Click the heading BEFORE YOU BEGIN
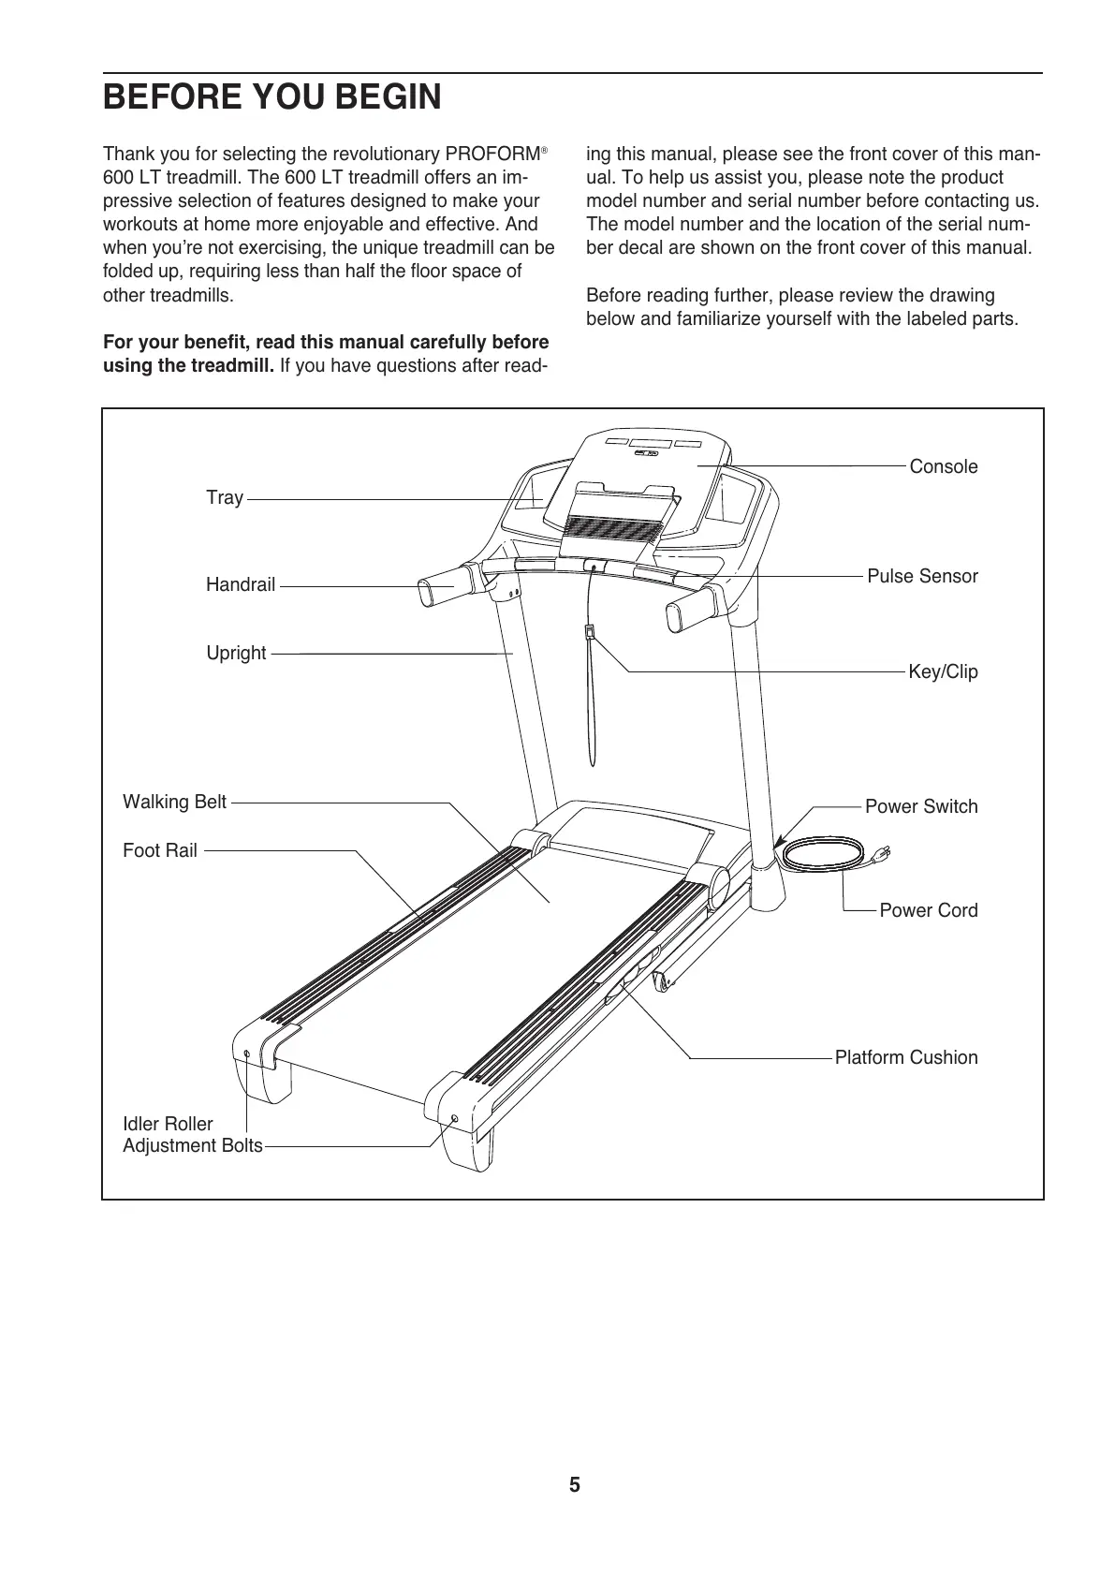[271, 98]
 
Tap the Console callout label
[943, 467]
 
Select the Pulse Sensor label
[922, 577]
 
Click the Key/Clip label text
[943, 672]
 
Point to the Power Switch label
[920, 807]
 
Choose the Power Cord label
[928, 911]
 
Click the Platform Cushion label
[905, 1058]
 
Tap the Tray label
[225, 498]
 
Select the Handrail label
[241, 586]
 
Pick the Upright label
[236, 654]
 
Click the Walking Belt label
[175, 803]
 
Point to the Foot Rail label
[160, 851]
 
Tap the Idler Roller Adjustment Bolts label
[192, 1135]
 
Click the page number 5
[574, 1485]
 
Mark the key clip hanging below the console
[590, 632]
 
